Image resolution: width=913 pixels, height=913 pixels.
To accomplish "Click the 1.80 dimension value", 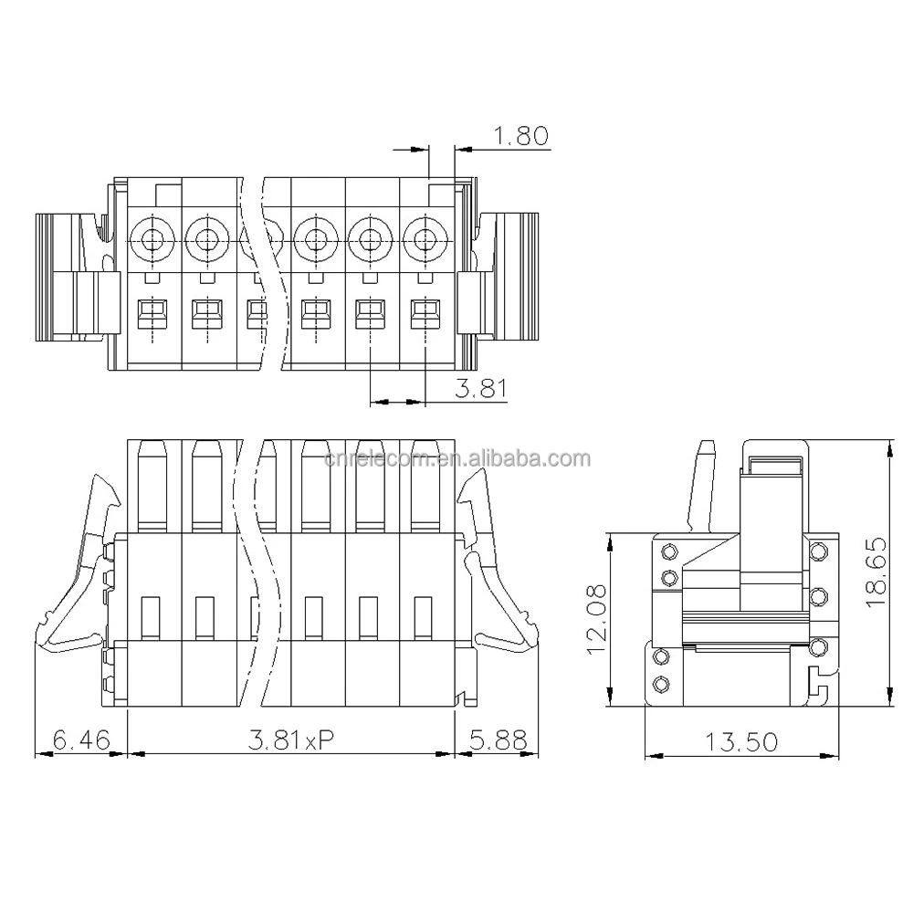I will [x=520, y=137].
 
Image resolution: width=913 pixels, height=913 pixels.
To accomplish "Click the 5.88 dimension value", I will [x=498, y=740].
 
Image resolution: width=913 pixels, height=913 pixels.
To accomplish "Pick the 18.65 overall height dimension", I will [x=877, y=572].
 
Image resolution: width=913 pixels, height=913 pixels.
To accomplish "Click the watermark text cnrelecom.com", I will [x=456, y=458].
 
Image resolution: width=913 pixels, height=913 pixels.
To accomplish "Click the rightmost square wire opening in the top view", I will [x=423, y=315].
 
